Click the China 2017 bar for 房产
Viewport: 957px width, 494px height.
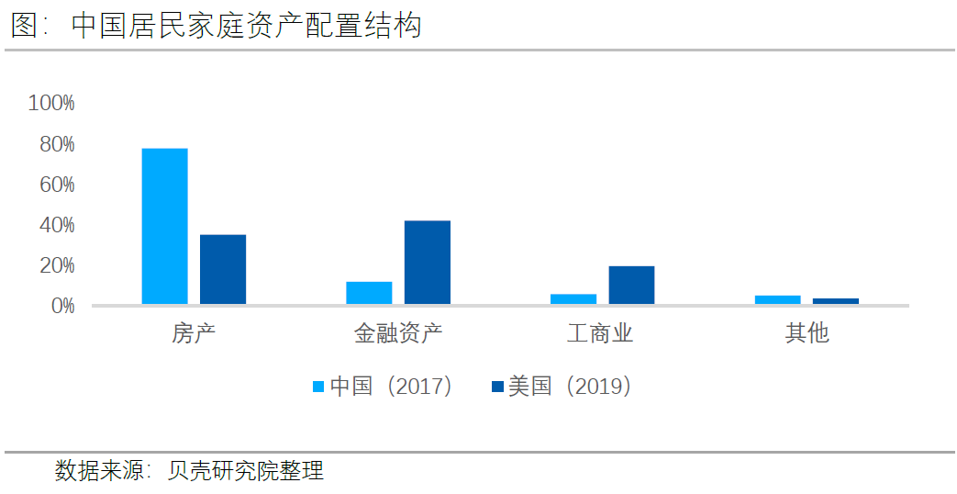click(164, 226)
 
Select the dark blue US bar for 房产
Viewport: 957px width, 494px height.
click(223, 269)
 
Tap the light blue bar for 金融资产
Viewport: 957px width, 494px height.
click(369, 293)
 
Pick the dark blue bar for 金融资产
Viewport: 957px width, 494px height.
click(428, 263)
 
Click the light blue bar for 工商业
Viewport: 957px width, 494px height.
click(573, 299)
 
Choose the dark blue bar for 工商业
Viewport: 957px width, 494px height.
click(631, 286)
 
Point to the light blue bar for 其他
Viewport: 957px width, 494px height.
click(778, 299)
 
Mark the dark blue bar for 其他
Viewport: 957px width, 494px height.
click(836, 301)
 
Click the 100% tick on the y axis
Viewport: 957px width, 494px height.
click(51, 103)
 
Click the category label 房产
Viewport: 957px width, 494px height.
click(194, 332)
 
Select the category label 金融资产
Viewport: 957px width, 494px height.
click(398, 332)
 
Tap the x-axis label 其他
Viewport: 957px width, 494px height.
click(807, 332)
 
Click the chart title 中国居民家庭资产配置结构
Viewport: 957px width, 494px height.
click(246, 26)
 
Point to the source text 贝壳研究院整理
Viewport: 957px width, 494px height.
click(245, 472)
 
